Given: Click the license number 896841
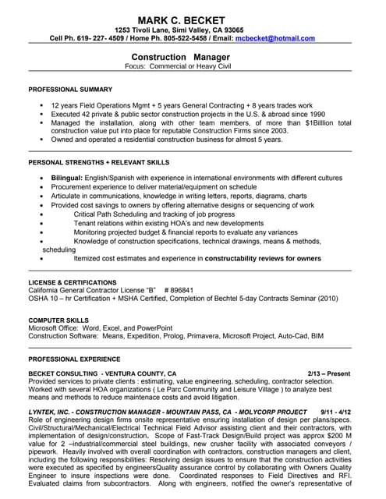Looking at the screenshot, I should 179,289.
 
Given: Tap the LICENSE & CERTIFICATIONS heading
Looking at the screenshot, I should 73,281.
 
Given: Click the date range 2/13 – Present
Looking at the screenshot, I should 328,373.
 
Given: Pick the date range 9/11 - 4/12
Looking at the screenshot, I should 335,411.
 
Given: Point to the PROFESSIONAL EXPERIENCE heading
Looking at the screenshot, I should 74,359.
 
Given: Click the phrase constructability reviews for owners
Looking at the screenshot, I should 260,258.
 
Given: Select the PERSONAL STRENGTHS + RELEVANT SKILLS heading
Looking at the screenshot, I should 98,162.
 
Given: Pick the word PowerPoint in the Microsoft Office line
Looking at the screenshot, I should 154,327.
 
